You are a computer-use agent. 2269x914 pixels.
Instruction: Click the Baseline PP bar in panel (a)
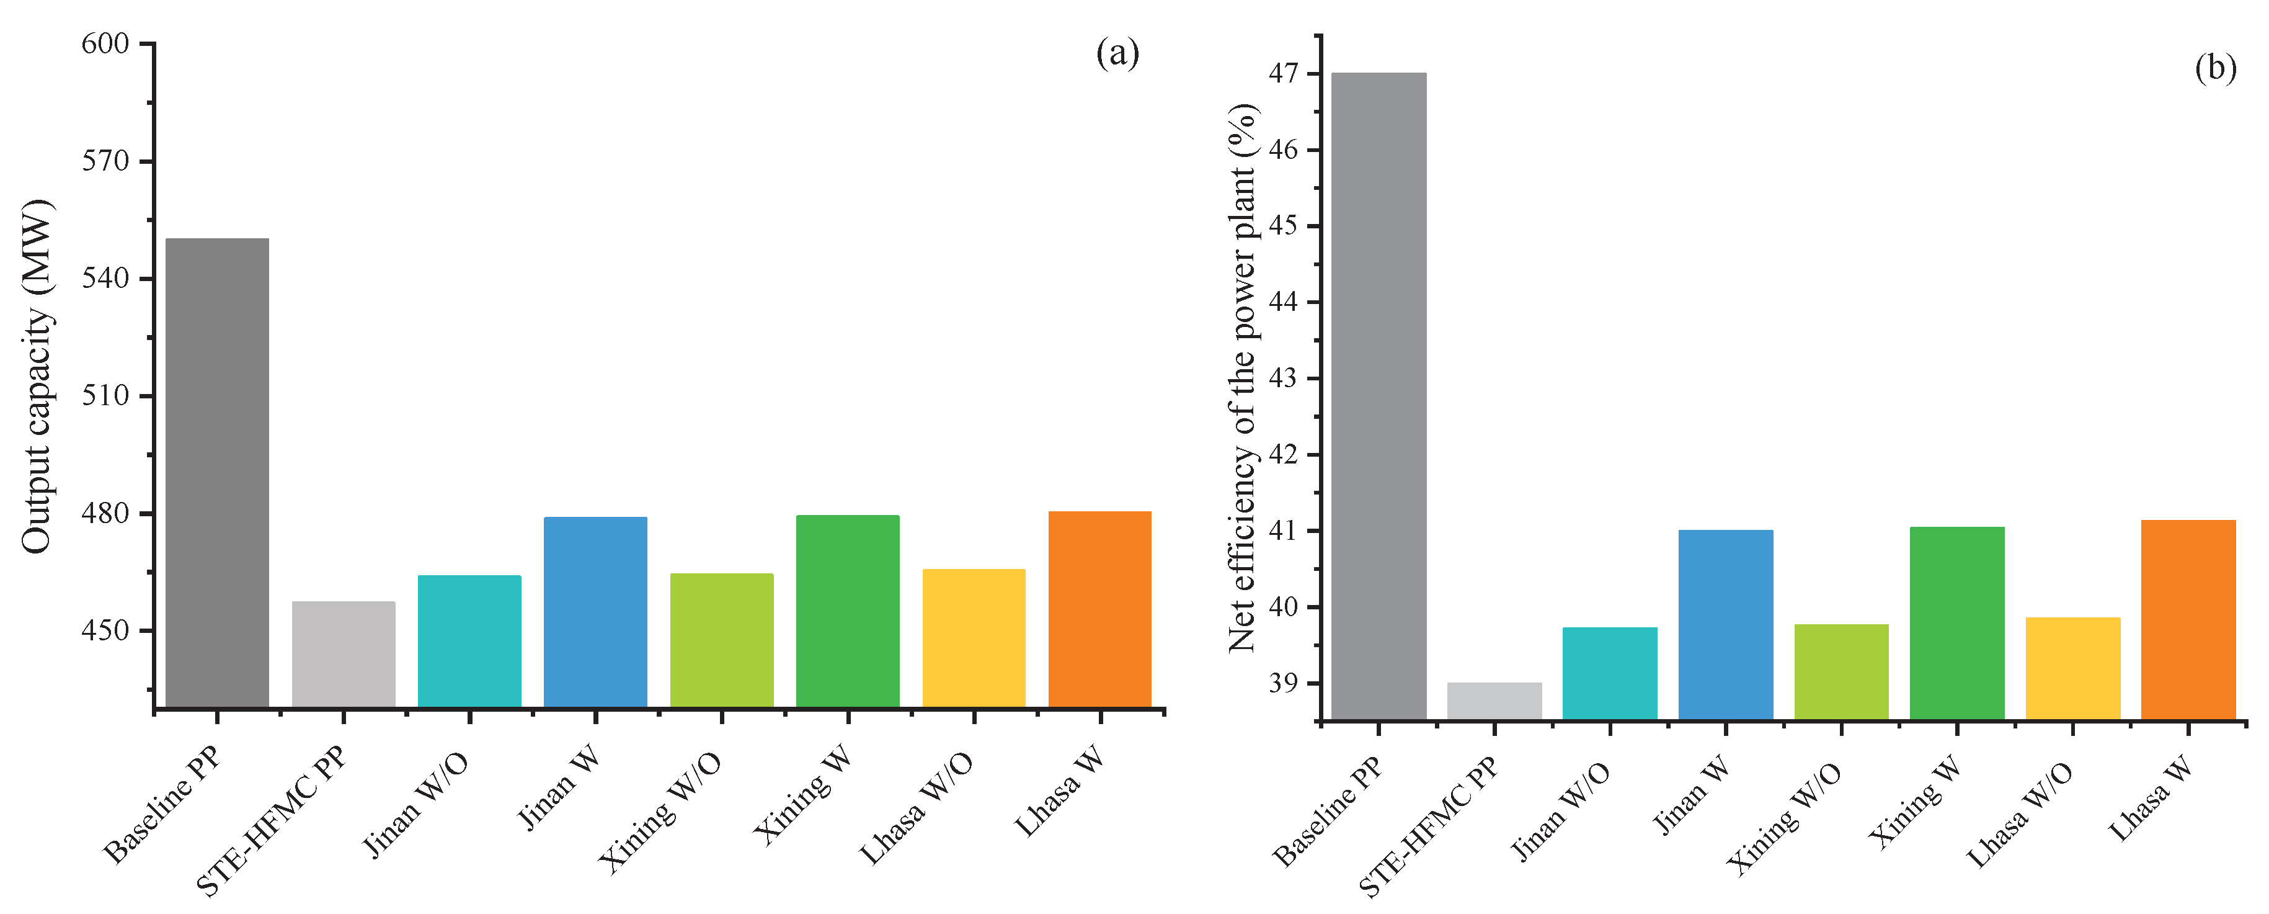[216, 472]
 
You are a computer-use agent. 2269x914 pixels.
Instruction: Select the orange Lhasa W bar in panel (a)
[1099, 608]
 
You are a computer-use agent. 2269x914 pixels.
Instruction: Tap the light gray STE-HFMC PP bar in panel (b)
[1494, 701]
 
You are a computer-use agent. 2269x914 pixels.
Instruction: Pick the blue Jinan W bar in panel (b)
[1726, 624]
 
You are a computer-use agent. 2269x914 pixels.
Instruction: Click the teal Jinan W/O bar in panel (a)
[469, 641]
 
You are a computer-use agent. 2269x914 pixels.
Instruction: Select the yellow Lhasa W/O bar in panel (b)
[2072, 668]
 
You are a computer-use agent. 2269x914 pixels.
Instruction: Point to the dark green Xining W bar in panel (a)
[847, 610]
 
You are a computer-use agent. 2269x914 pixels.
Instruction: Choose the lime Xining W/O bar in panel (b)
[1841, 671]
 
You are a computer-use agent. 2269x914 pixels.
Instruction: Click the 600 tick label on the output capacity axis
[105, 44]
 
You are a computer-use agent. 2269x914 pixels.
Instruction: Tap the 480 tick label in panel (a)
[105, 513]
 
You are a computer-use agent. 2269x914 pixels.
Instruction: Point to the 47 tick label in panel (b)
[1284, 74]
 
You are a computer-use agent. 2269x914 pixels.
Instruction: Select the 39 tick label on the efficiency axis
[1284, 683]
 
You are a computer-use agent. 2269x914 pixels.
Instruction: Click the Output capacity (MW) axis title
[37, 377]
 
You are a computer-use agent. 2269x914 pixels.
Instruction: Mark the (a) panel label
[1117, 54]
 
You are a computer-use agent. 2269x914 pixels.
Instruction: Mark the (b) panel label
[2215, 68]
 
